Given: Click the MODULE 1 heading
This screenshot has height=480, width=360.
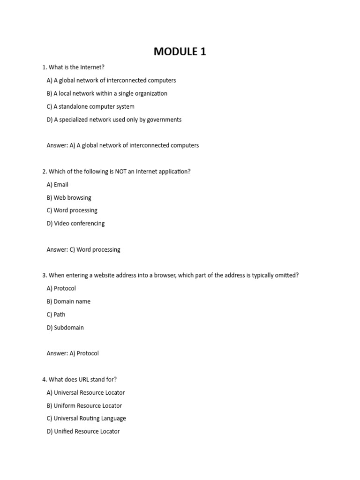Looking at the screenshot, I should pyautogui.click(x=180, y=52).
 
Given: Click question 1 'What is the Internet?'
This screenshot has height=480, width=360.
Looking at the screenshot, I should pyautogui.click(x=73, y=67).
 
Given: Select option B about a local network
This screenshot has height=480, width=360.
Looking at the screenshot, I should pyautogui.click(x=107, y=94).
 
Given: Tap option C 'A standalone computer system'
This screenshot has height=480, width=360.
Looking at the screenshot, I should pyautogui.click(x=90, y=106).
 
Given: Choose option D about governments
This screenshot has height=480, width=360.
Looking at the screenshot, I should pyautogui.click(x=114, y=120).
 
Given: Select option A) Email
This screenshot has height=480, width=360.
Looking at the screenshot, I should pyautogui.click(x=58, y=185).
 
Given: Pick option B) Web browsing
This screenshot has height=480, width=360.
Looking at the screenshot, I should pyautogui.click(x=69, y=198).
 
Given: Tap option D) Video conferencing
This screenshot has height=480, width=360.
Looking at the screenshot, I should pyautogui.click(x=75, y=224).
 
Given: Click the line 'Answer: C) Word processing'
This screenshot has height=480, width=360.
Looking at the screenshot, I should pyautogui.click(x=83, y=250).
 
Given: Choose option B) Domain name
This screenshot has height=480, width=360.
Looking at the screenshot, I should pyautogui.click(x=68, y=301).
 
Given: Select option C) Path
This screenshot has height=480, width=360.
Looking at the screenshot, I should pyautogui.click(x=56, y=315).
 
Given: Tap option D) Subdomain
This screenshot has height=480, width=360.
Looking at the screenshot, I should pyautogui.click(x=65, y=328).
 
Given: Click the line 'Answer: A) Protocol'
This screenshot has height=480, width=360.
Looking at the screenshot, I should pyautogui.click(x=73, y=353).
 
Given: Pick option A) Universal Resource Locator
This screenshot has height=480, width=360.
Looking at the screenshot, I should pyautogui.click(x=86, y=393).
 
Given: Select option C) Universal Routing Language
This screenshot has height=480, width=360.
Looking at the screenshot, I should pyautogui.click(x=86, y=419).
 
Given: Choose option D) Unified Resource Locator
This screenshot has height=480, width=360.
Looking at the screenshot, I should pyautogui.click(x=83, y=432).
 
